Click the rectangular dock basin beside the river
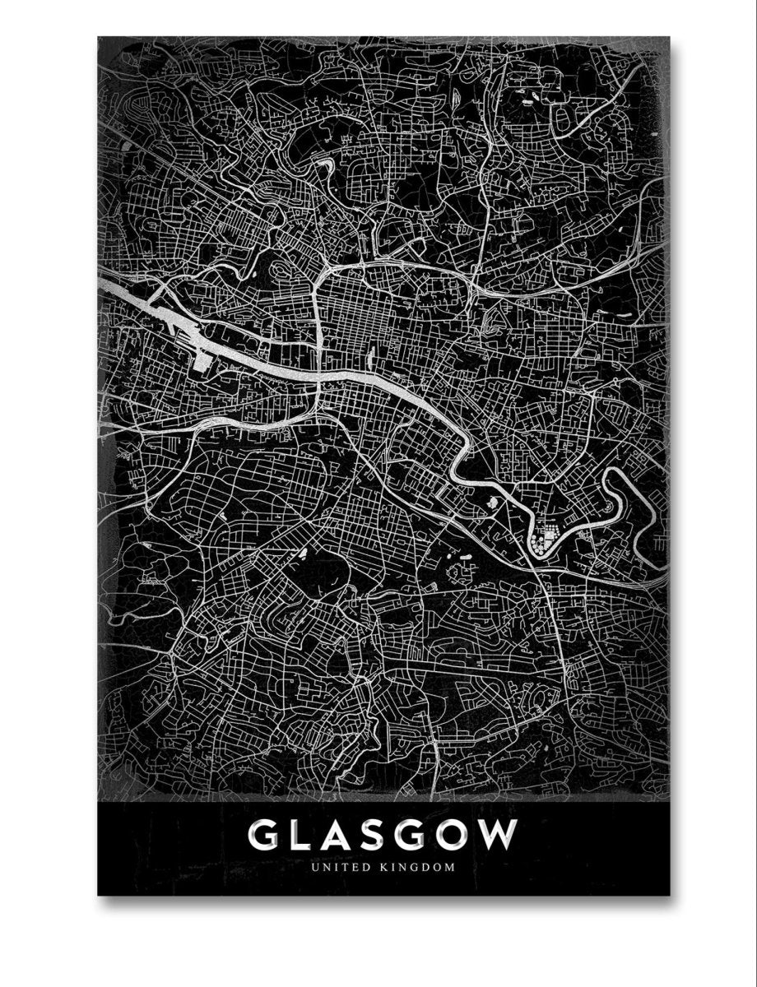(x=202, y=359)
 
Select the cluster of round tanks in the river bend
(x=544, y=540)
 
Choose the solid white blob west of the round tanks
(x=491, y=499)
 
